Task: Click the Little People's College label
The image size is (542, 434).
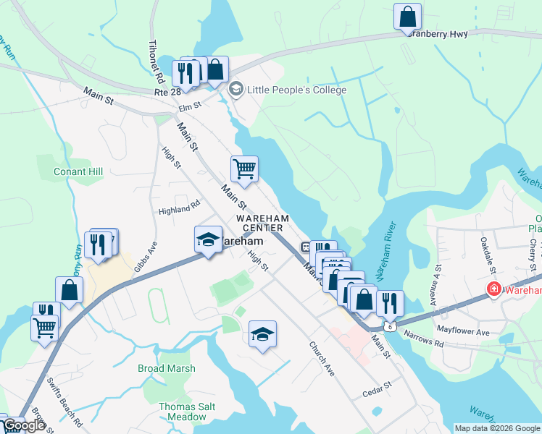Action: (297, 90)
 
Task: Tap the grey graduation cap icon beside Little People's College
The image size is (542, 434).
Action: (235, 90)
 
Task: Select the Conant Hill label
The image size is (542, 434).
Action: (79, 171)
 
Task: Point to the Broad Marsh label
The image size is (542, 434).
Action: (167, 368)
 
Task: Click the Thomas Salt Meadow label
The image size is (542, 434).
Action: (187, 412)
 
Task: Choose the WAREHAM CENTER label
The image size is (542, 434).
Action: (262, 223)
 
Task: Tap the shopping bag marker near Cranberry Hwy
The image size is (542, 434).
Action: (407, 17)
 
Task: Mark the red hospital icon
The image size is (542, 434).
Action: (493, 290)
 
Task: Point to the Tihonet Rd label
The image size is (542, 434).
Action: (157, 61)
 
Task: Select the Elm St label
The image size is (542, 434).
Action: (189, 106)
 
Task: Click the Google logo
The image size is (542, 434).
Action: (24, 426)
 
